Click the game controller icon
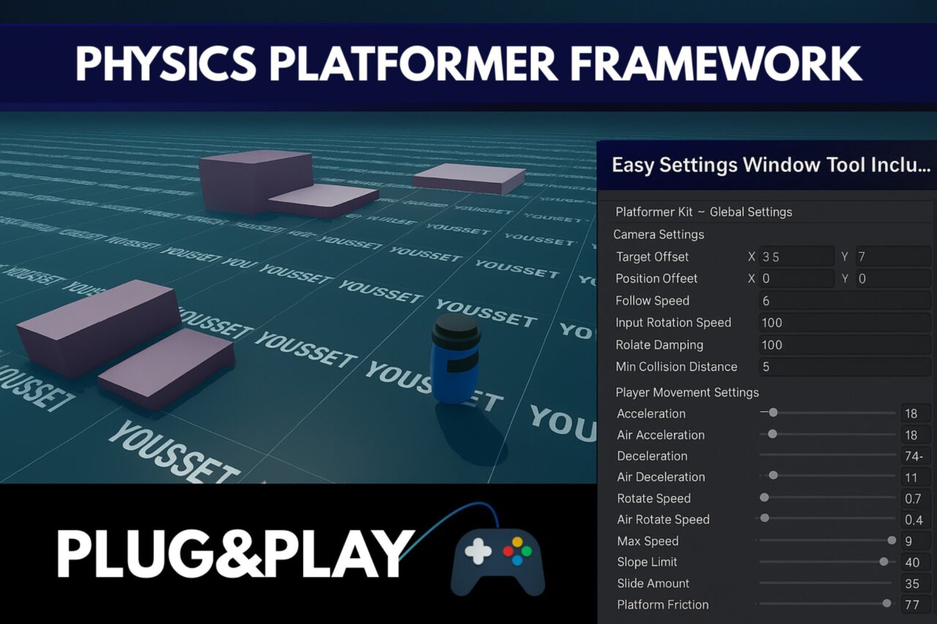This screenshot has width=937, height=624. click(x=497, y=559)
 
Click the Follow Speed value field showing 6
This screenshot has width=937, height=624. click(x=845, y=301)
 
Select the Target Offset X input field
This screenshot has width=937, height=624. click(x=796, y=257)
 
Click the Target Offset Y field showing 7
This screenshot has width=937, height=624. click(x=892, y=257)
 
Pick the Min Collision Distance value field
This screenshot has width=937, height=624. click(x=845, y=366)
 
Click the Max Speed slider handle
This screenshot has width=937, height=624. click(x=892, y=541)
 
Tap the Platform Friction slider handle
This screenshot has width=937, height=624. click(x=887, y=604)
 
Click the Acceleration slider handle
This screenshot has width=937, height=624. click(x=773, y=413)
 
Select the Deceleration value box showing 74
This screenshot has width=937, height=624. click(x=915, y=456)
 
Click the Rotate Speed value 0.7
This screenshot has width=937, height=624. click(x=915, y=499)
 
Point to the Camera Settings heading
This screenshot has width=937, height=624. click(x=658, y=234)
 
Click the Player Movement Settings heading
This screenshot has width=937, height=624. click(x=687, y=392)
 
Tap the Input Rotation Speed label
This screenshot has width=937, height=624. click(x=673, y=323)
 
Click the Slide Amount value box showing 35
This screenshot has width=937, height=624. click(x=915, y=584)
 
